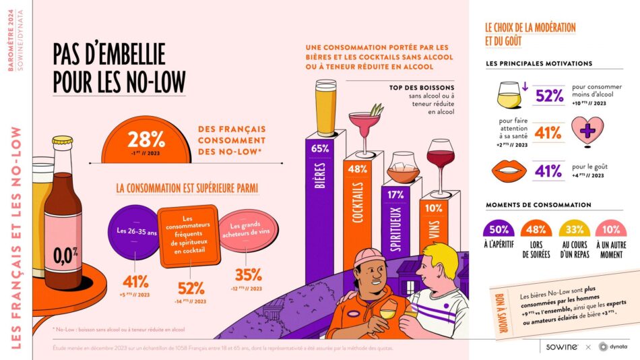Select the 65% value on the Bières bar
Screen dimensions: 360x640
[321, 148]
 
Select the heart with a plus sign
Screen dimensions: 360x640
[586, 131]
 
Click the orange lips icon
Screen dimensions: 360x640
[512, 170]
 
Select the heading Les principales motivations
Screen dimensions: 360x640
[539, 63]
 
